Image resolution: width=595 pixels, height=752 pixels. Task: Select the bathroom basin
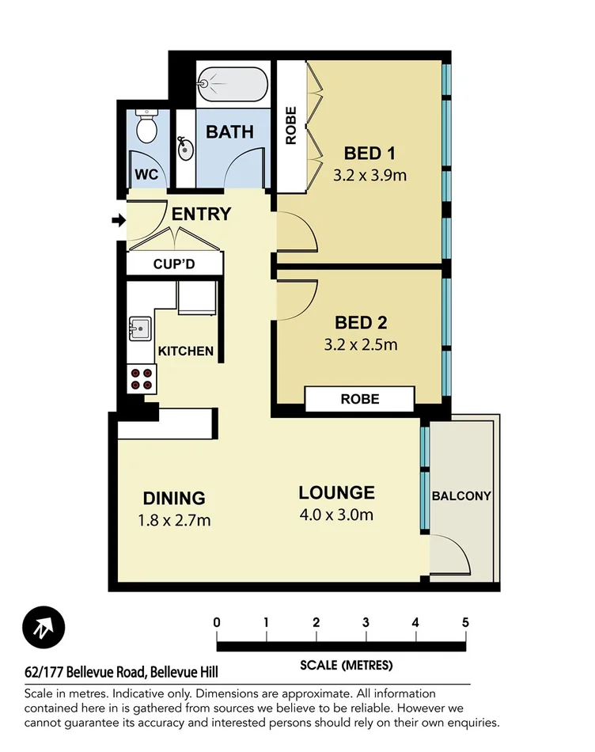[x=185, y=148]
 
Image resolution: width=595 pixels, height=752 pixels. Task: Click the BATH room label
[x=229, y=131]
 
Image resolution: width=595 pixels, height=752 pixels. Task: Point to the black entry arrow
[x=119, y=221]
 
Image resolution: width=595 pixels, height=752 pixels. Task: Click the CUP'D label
[x=174, y=264]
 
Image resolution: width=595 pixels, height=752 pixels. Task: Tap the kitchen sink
[x=140, y=326]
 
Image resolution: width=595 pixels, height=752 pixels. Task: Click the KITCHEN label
[x=185, y=351]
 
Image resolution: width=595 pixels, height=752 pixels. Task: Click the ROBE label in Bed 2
[x=360, y=399]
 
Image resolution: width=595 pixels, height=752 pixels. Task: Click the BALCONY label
[x=461, y=496]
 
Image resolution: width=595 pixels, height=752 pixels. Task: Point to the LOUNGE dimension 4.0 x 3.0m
[x=336, y=515]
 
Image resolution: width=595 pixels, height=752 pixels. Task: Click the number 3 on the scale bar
[x=366, y=622]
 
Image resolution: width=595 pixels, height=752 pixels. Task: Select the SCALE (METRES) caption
[x=346, y=664]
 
